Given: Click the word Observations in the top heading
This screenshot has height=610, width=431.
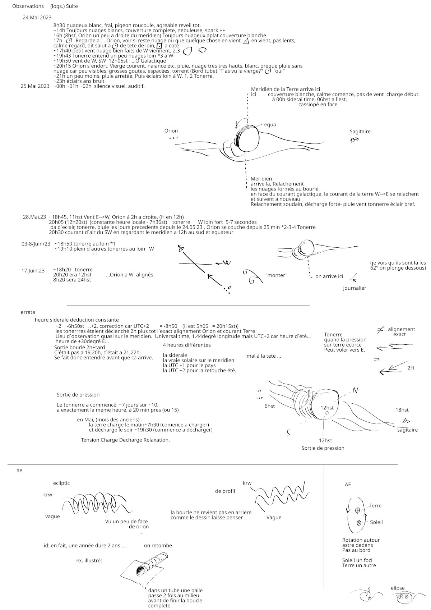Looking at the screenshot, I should (28, 6).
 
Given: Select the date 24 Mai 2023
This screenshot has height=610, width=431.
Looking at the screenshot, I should (37, 17).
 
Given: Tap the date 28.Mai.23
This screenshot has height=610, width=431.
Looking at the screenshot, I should (34, 217).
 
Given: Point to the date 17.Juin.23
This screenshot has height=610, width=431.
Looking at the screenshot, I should (33, 271).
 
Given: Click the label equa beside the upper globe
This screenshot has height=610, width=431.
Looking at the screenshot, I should (270, 124).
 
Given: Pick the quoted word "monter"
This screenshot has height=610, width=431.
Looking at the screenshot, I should (277, 275).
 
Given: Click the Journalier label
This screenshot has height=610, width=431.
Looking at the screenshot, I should (354, 288).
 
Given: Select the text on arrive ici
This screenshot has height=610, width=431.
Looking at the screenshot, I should (329, 276).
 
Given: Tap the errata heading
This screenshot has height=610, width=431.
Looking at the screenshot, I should (28, 312).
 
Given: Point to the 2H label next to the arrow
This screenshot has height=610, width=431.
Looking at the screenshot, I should (411, 368).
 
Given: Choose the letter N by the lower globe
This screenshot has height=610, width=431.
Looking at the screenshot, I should (355, 390).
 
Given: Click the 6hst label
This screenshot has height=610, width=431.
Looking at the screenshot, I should (270, 406).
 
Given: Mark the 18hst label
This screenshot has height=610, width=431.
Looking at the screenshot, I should (402, 410).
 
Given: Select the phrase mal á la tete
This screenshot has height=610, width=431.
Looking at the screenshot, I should (264, 356).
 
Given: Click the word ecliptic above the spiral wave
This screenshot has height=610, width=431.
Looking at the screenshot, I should (61, 483).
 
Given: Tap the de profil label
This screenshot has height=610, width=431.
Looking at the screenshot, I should (225, 491).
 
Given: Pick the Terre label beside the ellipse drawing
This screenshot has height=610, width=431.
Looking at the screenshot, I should (375, 505).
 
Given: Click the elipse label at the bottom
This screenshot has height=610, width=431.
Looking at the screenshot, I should (398, 588).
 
